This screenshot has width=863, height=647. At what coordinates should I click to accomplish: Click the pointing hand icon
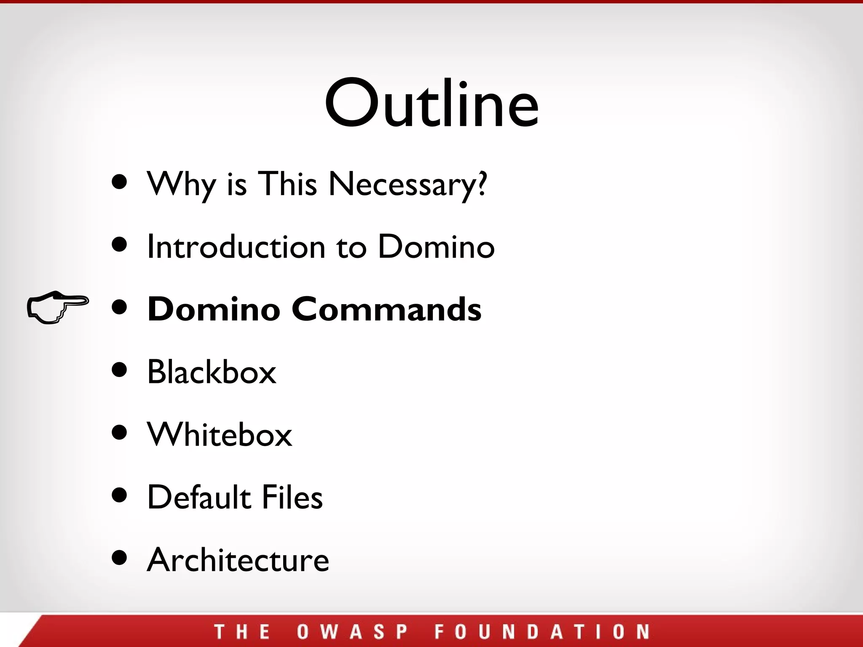(57, 307)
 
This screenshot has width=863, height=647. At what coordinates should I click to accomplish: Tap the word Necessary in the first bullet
(407, 184)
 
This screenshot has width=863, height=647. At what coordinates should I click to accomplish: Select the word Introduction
(236, 247)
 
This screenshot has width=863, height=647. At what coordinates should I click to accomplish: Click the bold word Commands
(386, 309)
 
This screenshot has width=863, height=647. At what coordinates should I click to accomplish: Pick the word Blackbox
(212, 372)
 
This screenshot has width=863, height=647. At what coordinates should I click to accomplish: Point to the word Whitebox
(219, 434)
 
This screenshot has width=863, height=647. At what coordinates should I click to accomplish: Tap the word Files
(292, 497)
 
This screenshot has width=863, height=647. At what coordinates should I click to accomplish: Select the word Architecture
(238, 559)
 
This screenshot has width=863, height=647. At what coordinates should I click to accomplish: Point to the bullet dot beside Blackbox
(120, 370)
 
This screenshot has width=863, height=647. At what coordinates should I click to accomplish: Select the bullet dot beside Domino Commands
(120, 307)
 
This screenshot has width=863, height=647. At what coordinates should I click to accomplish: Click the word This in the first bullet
(287, 184)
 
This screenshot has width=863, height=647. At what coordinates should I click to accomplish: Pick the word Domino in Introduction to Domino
(436, 247)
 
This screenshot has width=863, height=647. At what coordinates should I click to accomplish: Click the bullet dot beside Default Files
(120, 495)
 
